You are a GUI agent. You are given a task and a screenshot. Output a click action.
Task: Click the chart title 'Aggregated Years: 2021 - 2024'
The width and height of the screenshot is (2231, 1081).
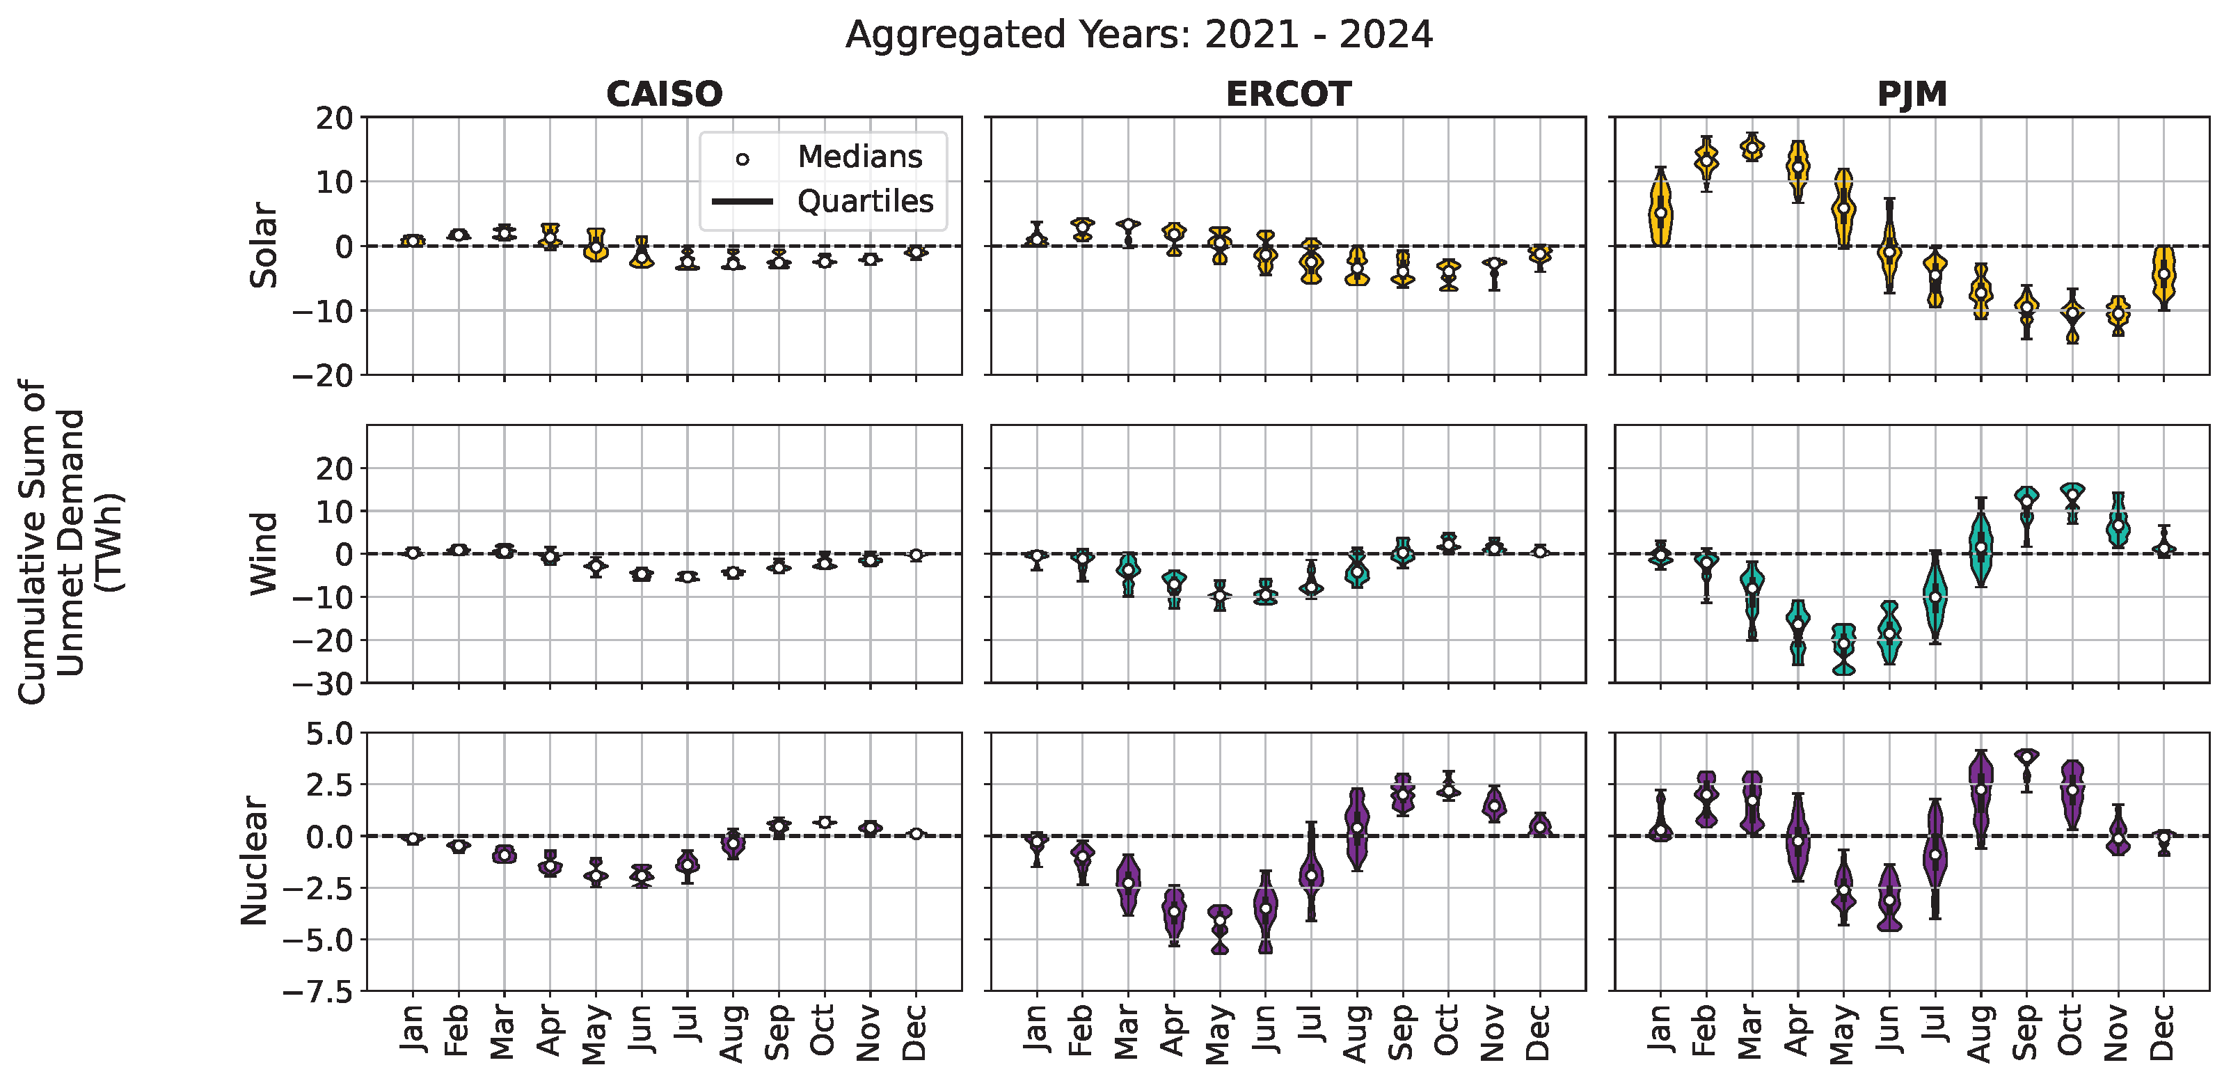[x=1139, y=35]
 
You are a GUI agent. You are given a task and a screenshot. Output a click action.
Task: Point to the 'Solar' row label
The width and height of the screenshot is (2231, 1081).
[x=263, y=245]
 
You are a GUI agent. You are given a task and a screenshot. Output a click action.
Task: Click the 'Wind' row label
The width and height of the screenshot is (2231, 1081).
[x=263, y=553]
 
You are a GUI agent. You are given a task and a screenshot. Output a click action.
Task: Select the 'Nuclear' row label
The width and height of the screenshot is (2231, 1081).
[x=255, y=861]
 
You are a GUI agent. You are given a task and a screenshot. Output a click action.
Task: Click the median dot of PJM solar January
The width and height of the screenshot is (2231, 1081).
[x=1660, y=213]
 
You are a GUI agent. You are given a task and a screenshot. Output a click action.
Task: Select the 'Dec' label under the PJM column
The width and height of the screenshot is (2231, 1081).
[x=2163, y=1032]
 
